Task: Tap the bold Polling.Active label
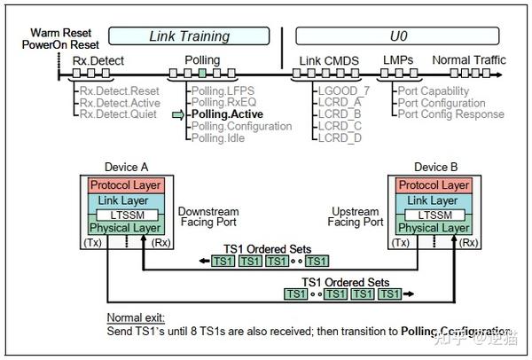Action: click(x=227, y=114)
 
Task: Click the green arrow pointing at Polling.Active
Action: click(x=178, y=114)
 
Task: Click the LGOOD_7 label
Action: click(x=342, y=90)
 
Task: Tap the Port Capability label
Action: click(x=433, y=90)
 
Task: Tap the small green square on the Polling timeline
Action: click(x=203, y=71)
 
